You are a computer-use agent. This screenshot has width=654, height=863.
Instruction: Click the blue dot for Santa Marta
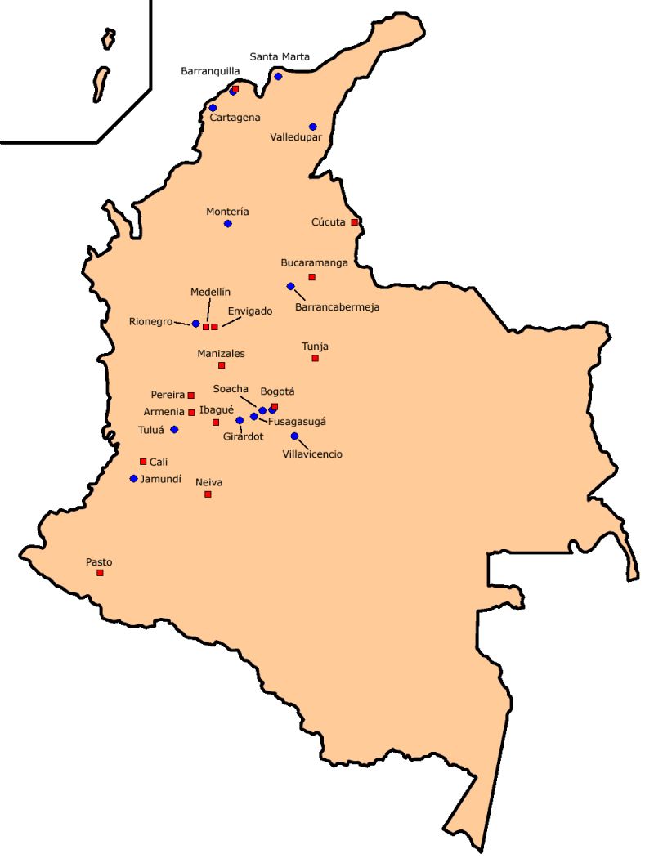[278, 77]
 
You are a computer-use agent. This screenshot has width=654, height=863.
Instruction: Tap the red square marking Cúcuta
[354, 222]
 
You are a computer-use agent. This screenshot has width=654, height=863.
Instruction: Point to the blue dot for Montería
[228, 224]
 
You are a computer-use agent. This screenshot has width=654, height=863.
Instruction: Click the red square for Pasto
[100, 573]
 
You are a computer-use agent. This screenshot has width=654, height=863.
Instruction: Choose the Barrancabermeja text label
[337, 307]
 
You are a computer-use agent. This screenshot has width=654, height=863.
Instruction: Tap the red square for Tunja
[315, 358]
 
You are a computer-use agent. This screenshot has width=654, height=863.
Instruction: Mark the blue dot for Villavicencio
[294, 436]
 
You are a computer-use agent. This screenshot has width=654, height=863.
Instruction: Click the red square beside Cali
[143, 462]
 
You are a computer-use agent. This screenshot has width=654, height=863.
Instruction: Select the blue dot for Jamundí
[133, 479]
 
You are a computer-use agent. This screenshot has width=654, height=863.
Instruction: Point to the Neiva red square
[208, 494]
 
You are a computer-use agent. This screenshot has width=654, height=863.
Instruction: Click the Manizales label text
[221, 354]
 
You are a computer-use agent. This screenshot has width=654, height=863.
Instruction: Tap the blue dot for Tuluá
[174, 430]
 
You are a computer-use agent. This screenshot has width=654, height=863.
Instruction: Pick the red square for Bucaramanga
[311, 277]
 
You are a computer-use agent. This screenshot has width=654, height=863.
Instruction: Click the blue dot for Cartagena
[213, 108]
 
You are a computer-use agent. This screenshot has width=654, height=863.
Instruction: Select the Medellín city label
[211, 292]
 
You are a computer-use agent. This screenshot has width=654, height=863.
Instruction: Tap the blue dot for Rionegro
[195, 324]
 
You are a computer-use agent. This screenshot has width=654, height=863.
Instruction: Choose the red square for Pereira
[191, 396]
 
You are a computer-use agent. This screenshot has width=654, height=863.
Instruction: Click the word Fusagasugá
[297, 422]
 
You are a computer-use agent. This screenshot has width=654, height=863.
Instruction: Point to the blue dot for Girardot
[240, 421]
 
